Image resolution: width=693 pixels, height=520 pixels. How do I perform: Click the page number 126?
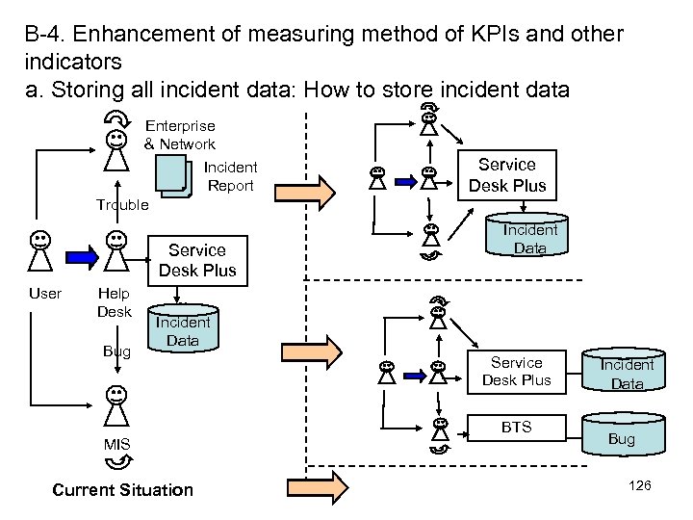click(640, 485)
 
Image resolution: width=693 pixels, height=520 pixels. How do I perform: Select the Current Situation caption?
click(122, 490)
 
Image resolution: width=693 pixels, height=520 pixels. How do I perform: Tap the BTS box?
click(517, 428)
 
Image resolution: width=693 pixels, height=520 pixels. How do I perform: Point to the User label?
click(45, 294)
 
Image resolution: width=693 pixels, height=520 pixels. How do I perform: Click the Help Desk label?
click(115, 302)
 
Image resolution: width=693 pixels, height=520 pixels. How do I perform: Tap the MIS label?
click(116, 444)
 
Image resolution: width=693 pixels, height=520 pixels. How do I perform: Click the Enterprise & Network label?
click(180, 135)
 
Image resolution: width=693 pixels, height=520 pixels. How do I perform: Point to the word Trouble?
click(122, 204)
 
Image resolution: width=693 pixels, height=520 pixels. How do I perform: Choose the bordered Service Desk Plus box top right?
click(506, 174)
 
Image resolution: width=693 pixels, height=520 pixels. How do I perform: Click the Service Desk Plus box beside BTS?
click(516, 372)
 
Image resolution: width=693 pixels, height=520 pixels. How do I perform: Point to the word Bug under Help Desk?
click(116, 351)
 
